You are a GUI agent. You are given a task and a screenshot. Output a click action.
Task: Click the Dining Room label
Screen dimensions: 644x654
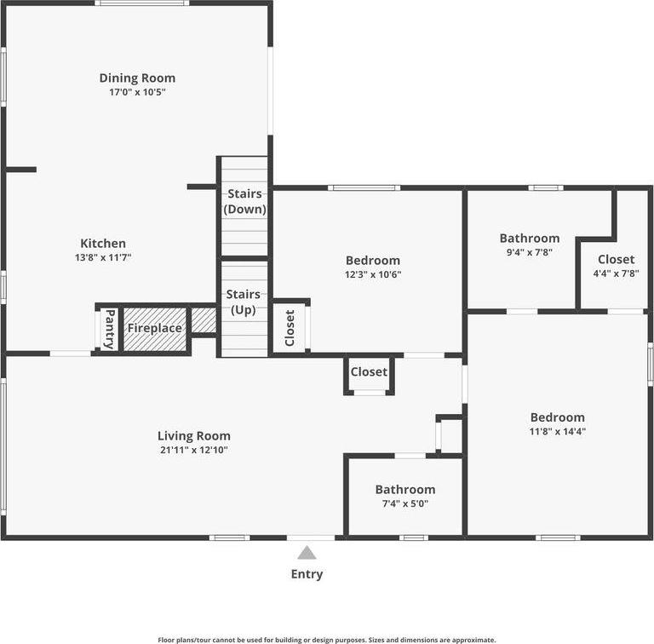click(x=137, y=78)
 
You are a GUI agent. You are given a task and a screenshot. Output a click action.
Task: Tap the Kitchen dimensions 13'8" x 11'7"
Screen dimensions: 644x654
click(x=103, y=256)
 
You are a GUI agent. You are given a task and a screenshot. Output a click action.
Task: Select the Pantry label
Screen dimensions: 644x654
click(x=109, y=328)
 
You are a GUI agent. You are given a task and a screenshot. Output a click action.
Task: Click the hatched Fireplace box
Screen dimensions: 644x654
click(x=154, y=328)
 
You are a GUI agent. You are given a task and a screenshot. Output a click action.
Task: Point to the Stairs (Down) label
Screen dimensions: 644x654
click(x=244, y=201)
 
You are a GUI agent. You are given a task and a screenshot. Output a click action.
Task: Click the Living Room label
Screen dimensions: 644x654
click(x=193, y=436)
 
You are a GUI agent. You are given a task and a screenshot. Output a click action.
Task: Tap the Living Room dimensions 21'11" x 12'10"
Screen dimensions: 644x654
click(x=193, y=450)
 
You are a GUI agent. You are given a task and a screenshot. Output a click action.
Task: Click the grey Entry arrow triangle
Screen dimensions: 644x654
click(x=307, y=553)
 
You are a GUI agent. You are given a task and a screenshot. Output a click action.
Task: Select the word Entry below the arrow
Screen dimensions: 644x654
click(x=307, y=574)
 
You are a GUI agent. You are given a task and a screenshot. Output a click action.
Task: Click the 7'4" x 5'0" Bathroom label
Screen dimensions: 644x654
click(x=404, y=489)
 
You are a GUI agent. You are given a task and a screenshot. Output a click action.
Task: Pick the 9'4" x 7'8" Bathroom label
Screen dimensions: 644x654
click(x=529, y=239)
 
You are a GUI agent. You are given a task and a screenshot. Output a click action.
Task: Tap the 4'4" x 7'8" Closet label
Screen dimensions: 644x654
click(x=616, y=259)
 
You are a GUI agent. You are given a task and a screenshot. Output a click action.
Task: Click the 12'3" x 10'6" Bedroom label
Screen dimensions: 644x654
click(x=372, y=261)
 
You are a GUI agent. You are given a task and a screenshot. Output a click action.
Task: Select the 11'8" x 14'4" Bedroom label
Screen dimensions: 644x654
click(x=557, y=417)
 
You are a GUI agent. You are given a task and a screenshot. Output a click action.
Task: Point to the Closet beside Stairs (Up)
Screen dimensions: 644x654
click(x=290, y=326)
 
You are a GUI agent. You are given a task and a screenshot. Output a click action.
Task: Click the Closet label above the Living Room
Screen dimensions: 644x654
click(x=369, y=372)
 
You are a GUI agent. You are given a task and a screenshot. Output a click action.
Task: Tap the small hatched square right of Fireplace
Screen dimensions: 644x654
click(x=204, y=320)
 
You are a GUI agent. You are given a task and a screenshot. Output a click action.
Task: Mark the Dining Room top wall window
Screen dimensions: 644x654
click(x=141, y=3)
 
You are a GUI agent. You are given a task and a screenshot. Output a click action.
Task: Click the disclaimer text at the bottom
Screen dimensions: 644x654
click(x=327, y=639)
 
